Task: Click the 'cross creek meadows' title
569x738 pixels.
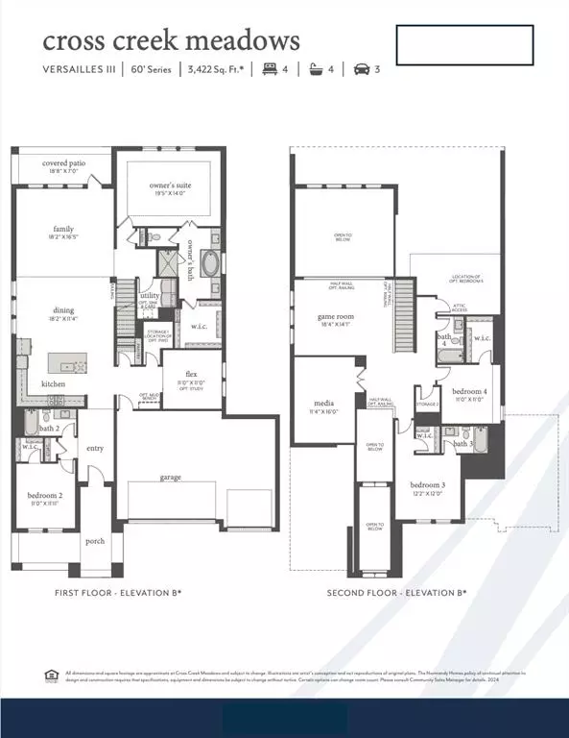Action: (171, 40)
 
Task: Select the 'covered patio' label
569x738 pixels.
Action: (63, 163)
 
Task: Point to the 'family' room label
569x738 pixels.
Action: (63, 230)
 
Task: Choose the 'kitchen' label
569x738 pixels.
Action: (54, 384)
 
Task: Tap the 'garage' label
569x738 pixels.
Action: (171, 477)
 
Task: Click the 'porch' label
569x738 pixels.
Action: (94, 540)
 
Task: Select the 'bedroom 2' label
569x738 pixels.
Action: (45, 495)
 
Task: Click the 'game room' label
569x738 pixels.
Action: (336, 316)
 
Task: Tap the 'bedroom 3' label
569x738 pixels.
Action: (427, 486)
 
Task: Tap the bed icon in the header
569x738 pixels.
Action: (270, 69)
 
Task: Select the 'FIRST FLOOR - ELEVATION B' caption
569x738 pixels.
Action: (118, 593)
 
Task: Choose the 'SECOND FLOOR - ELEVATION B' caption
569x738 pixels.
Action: (396, 593)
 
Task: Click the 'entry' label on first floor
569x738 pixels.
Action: (95, 448)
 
